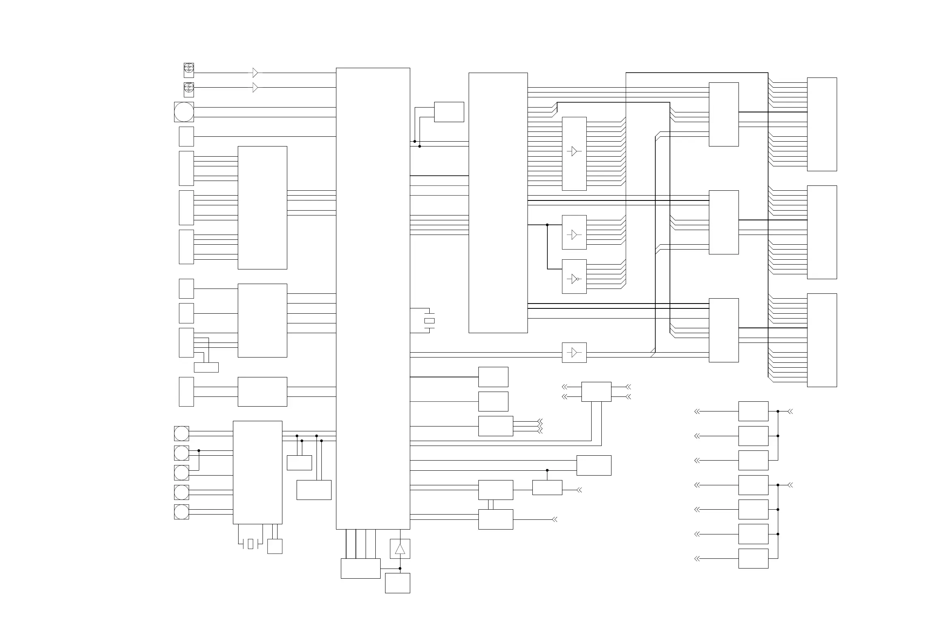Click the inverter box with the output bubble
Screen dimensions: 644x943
pos(574,276)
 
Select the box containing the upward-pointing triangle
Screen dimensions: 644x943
pos(400,549)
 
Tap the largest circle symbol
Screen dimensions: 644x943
pos(184,112)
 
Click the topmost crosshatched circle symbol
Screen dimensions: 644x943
pos(189,68)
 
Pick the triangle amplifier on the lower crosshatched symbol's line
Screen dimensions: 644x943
pos(255,88)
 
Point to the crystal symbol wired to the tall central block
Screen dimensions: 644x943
pos(429,321)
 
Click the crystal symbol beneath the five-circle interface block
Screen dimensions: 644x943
pos(250,544)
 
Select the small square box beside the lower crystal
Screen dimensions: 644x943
pos(275,546)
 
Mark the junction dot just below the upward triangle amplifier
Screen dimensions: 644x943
pos(400,569)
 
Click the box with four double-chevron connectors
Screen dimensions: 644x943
pos(596,392)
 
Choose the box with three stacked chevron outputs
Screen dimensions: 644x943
pos(495,426)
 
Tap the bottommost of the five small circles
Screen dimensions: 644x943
pos(181,512)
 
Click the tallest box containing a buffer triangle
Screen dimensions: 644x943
pos(574,154)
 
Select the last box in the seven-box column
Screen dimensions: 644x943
pos(753,558)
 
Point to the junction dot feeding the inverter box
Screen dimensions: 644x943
pos(547,225)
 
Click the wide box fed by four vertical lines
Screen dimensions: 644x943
pos(360,568)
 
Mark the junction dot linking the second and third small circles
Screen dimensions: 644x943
pos(199,450)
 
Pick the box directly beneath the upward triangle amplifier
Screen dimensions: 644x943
pos(397,583)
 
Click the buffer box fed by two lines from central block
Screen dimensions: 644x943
pos(574,352)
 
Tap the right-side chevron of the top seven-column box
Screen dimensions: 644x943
pos(790,411)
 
